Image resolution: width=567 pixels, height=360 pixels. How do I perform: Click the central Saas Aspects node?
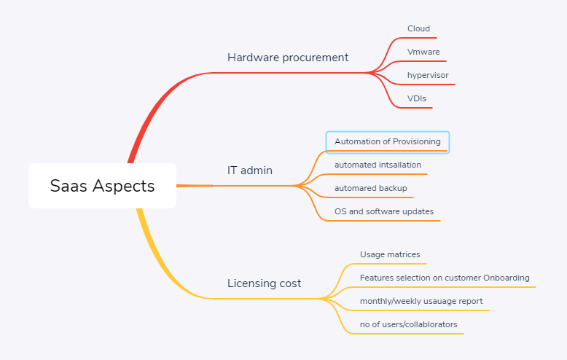click(102, 186)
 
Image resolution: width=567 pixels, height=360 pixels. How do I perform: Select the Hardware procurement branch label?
click(288, 58)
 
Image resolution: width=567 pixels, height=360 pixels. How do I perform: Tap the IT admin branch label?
click(250, 171)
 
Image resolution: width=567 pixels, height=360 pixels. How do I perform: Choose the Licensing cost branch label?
click(264, 283)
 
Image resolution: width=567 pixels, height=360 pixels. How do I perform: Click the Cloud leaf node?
click(418, 28)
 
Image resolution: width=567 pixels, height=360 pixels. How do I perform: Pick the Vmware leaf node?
click(423, 52)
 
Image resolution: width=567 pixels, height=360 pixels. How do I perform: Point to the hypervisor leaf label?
click(428, 75)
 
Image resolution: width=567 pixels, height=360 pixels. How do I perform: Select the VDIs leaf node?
click(417, 98)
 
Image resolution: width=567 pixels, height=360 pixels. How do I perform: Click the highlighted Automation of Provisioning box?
click(388, 142)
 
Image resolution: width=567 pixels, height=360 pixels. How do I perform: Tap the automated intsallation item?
click(378, 165)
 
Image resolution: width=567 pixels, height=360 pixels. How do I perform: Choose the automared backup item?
click(371, 188)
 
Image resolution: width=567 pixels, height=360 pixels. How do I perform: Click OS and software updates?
click(384, 211)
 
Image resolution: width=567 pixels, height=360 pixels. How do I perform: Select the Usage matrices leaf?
click(390, 254)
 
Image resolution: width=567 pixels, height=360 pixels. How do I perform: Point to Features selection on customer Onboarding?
click(445, 278)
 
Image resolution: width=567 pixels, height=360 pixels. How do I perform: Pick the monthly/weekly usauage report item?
click(421, 301)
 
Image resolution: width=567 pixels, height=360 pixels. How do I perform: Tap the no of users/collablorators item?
click(408, 324)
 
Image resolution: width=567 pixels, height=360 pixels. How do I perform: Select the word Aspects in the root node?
click(123, 186)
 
